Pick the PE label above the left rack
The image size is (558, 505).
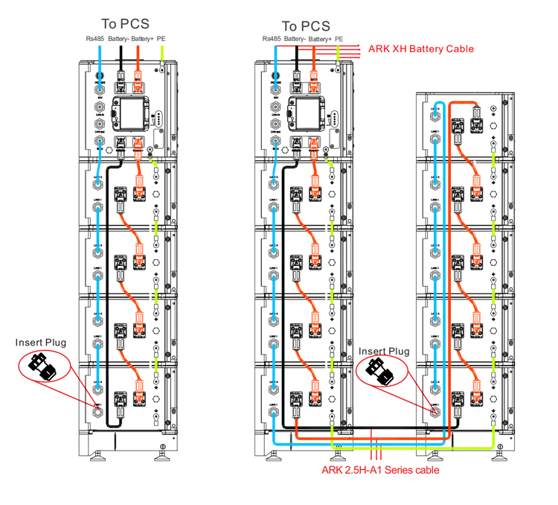[x=161, y=37]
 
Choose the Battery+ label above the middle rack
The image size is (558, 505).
[x=319, y=37]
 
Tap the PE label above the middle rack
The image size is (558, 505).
[x=339, y=37]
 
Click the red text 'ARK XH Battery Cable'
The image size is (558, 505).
[x=421, y=49]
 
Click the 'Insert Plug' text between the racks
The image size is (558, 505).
[x=384, y=351]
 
